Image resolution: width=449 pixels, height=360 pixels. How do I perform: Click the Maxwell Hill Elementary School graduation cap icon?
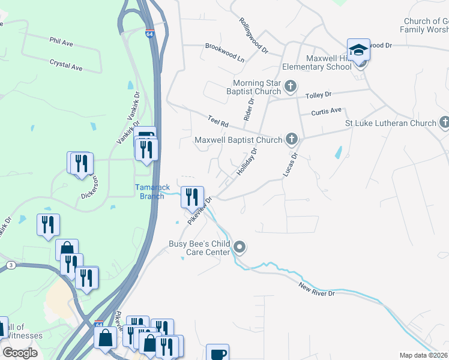click(358, 50)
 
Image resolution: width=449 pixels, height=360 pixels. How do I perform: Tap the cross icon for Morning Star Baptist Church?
click(291, 86)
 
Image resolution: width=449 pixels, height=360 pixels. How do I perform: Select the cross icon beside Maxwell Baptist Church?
click(292, 140)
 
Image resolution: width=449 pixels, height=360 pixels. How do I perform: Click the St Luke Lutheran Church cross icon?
click(444, 123)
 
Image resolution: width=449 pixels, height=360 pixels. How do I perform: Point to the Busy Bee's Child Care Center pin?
click(240, 247)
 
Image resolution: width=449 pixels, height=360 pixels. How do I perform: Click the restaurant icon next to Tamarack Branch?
click(192, 196)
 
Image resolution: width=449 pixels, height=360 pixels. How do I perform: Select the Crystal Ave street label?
click(66, 65)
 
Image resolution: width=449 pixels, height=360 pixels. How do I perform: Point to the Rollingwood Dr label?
click(253, 36)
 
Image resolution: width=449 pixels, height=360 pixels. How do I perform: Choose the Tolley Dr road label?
click(319, 95)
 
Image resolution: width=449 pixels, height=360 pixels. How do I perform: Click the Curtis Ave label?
click(326, 111)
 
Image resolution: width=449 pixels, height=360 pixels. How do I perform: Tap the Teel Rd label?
click(218, 121)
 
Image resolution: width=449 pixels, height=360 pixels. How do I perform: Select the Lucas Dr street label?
click(291, 164)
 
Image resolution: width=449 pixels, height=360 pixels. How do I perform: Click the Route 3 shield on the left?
click(11, 265)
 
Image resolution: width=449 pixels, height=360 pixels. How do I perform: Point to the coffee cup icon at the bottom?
click(217, 353)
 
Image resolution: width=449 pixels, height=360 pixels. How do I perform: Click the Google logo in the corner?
click(20, 353)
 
